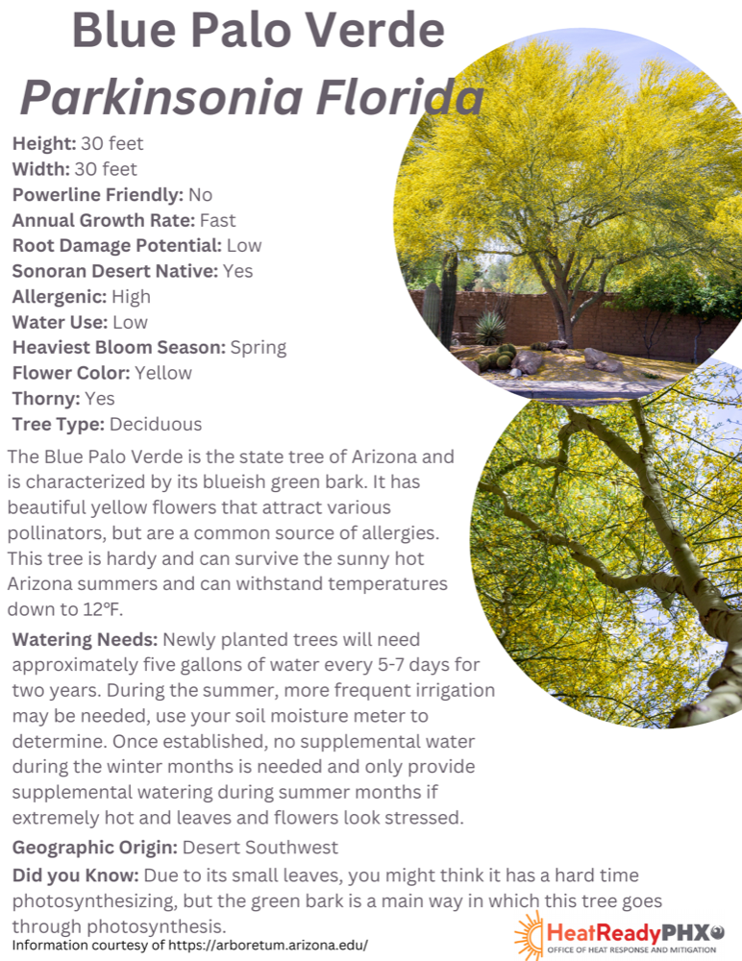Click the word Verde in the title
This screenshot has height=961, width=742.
pyautogui.click(x=373, y=32)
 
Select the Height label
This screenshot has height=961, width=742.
pyautogui.click(x=44, y=144)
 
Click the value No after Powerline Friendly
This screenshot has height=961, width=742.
pyautogui.click(x=201, y=195)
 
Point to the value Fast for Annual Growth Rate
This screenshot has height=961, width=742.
pyautogui.click(x=217, y=220)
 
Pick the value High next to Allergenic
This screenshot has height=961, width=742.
pyautogui.click(x=131, y=297)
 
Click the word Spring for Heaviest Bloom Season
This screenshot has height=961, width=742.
pyautogui.click(x=259, y=348)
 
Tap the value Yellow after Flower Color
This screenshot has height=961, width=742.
pyautogui.click(x=163, y=373)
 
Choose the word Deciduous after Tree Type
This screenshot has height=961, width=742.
pyautogui.click(x=156, y=424)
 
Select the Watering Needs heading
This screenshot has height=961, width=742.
pyautogui.click(x=85, y=640)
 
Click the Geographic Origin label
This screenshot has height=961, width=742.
pyautogui.click(x=94, y=848)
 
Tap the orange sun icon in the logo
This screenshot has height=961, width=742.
pyautogui.click(x=528, y=934)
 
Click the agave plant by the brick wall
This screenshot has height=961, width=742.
pyautogui.click(x=489, y=328)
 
